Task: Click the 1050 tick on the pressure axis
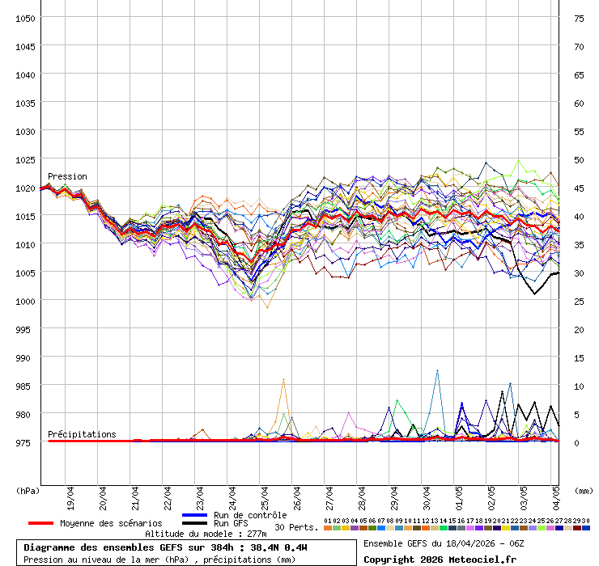tap(25, 18)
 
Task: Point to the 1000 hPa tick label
tap(25, 301)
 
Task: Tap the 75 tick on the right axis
tap(579, 18)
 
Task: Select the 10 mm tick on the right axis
tap(579, 386)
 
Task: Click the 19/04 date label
tap(71, 494)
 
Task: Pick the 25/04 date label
tap(266, 494)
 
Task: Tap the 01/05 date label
tap(460, 494)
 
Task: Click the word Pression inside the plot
tap(67, 176)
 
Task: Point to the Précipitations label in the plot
tap(82, 434)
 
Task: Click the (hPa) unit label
tap(28, 490)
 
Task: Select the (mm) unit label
tap(584, 490)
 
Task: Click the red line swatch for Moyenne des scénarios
tap(40, 523)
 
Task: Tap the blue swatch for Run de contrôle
tap(195, 515)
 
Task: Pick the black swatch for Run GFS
tap(195, 524)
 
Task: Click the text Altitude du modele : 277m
tap(206, 534)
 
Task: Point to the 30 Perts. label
tap(296, 526)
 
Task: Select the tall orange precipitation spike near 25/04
tap(283, 380)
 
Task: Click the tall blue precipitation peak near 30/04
tap(437, 371)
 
